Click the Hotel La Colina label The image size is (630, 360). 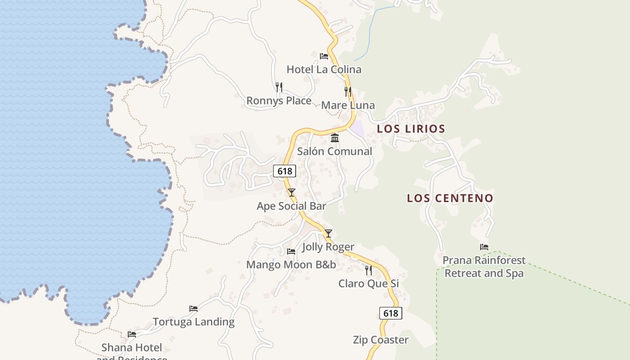(x=324, y=69)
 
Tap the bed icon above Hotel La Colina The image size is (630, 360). (x=324, y=56)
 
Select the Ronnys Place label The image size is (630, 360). (x=279, y=100)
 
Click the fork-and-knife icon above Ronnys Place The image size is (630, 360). (x=279, y=87)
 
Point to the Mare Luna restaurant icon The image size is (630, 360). (x=348, y=92)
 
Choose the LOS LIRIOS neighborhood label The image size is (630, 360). (x=411, y=129)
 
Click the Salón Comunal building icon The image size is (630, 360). (x=335, y=138)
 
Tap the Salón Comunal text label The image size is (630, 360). (x=334, y=151)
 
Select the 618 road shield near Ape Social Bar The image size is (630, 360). (x=285, y=171)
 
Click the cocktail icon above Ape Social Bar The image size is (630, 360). (x=292, y=193)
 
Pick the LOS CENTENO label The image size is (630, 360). (x=450, y=198)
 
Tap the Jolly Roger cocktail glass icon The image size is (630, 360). (x=328, y=233)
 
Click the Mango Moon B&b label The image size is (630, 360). (x=291, y=265)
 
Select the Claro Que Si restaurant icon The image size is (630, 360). (x=369, y=270)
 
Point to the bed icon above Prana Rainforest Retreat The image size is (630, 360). (x=484, y=247)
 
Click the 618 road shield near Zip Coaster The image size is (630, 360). (x=391, y=313)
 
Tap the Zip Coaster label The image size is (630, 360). (x=381, y=340)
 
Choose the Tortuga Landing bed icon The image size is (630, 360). (x=193, y=309)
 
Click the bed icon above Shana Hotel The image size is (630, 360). (x=132, y=334)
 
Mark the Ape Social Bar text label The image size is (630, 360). (x=291, y=206)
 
